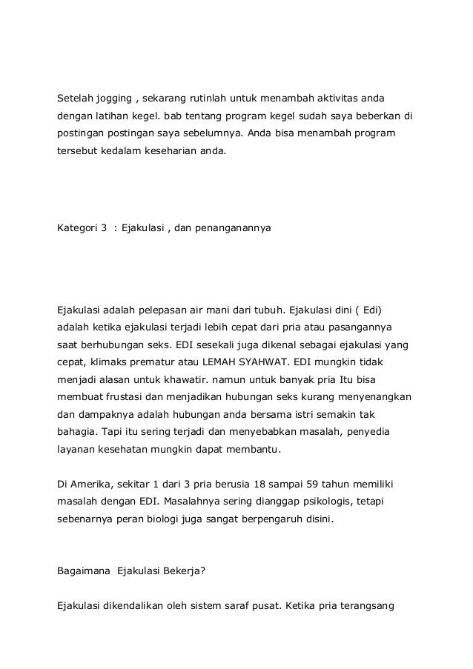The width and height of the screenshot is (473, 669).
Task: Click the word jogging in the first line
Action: click(109, 99)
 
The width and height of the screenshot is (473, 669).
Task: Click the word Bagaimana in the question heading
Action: click(82, 570)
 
